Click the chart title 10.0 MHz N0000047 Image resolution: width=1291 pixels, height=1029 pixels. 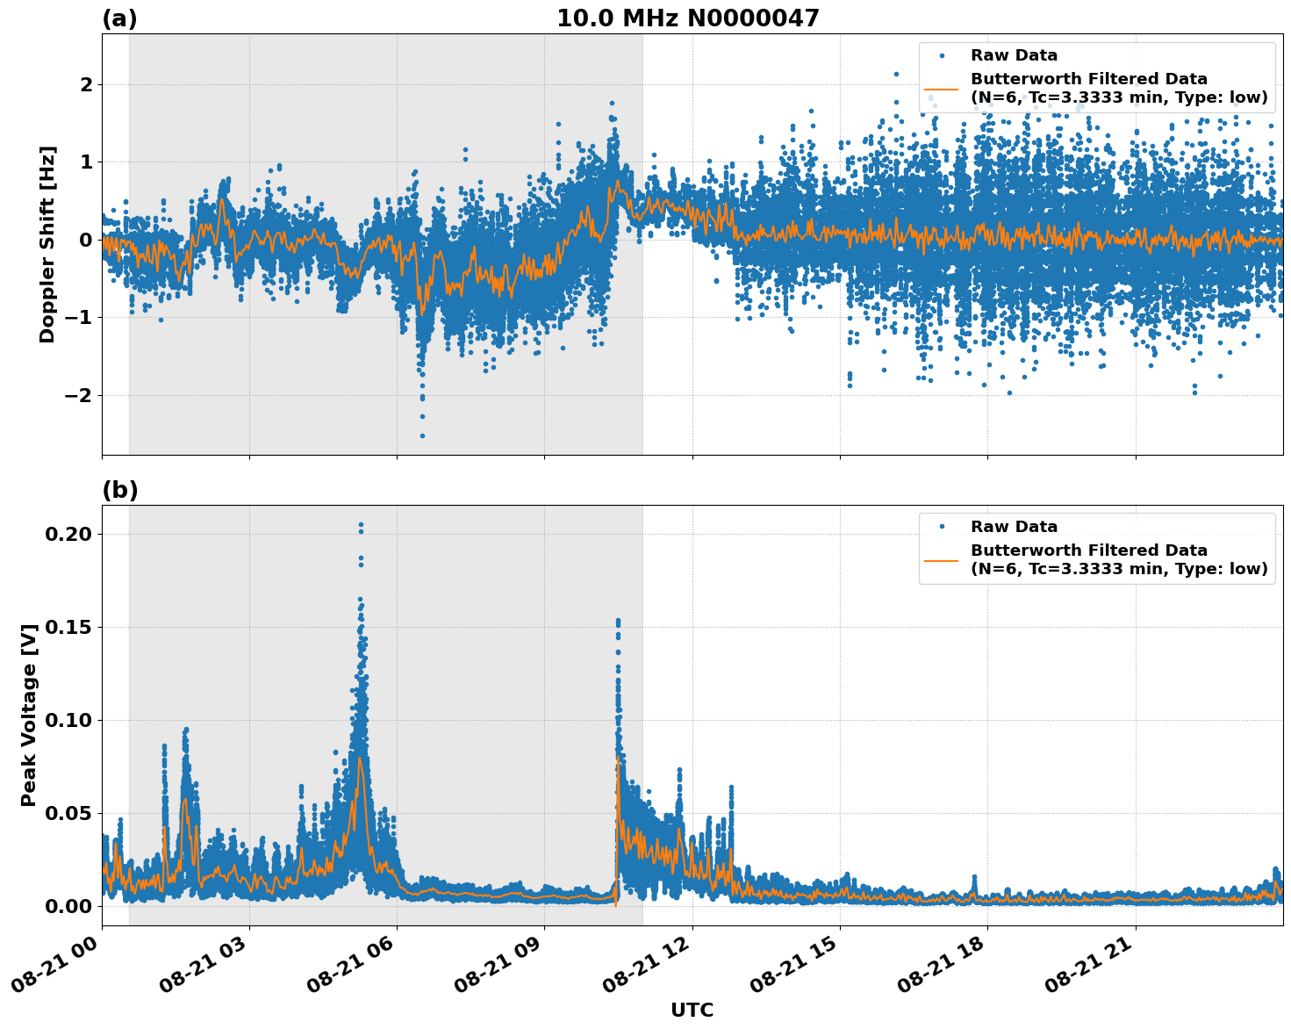(x=687, y=18)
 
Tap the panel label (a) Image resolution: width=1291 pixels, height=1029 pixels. (x=119, y=18)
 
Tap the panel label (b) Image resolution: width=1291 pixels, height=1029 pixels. (x=119, y=490)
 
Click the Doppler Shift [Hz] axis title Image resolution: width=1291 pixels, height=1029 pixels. (x=47, y=244)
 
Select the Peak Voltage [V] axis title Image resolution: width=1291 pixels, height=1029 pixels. (x=29, y=715)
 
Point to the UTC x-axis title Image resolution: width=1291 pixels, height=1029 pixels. (x=692, y=1010)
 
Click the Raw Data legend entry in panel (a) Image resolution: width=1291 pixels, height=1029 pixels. (x=1013, y=55)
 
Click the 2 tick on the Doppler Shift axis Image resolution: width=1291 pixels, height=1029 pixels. (x=86, y=84)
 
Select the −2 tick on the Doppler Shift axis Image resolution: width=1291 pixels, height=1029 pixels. (x=79, y=395)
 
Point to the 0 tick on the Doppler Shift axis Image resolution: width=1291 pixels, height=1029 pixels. (x=86, y=240)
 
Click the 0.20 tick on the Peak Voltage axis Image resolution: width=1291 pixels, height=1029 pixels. (x=73, y=534)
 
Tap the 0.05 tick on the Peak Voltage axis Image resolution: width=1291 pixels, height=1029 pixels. (x=73, y=813)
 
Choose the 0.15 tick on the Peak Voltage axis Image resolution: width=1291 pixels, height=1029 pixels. (x=73, y=627)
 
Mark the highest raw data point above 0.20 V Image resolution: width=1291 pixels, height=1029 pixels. (x=361, y=525)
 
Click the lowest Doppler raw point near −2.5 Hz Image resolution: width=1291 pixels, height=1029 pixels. (x=422, y=435)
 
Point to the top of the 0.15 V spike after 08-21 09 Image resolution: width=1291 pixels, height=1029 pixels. (x=618, y=621)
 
